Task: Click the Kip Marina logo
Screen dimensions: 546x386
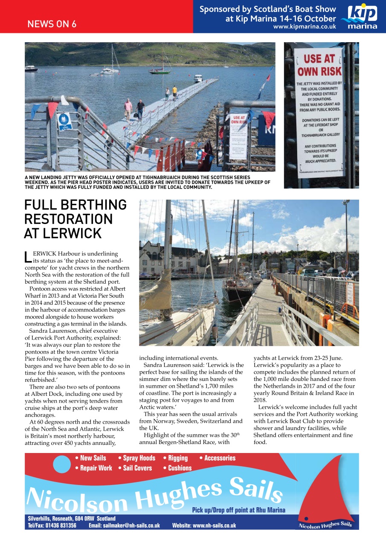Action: [x=362, y=17]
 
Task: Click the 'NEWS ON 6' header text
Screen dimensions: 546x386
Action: [x=52, y=24]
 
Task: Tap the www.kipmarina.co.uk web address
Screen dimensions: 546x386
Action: [x=304, y=26]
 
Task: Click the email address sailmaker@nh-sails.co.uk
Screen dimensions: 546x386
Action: [x=124, y=526]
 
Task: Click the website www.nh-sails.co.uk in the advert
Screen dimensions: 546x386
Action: [x=204, y=526]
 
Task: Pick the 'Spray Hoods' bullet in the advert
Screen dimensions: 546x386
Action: [x=136, y=458]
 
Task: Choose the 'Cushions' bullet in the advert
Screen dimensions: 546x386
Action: [x=177, y=468]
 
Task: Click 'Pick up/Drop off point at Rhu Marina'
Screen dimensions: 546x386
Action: [x=238, y=510]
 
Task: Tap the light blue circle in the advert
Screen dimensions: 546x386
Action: [x=62, y=464]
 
